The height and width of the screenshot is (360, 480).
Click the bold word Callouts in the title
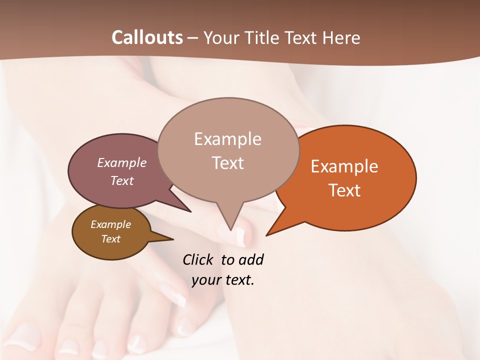pyautogui.click(x=147, y=37)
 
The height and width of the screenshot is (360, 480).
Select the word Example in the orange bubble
pyautogui.click(x=344, y=166)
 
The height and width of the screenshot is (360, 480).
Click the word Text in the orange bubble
pyautogui.click(x=344, y=190)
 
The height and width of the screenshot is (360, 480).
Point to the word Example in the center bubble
pyautogui.click(x=227, y=139)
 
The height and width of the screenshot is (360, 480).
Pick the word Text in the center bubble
pyautogui.click(x=227, y=163)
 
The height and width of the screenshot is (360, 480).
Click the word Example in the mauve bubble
pyautogui.click(x=121, y=162)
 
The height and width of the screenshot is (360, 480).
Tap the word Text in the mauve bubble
pyautogui.click(x=121, y=180)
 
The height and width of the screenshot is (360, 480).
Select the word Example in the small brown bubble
pyautogui.click(x=110, y=224)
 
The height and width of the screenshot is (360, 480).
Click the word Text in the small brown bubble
pyautogui.click(x=110, y=239)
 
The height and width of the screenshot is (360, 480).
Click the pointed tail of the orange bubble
pyautogui.click(x=268, y=234)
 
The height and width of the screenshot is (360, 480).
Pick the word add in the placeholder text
pyautogui.click(x=251, y=259)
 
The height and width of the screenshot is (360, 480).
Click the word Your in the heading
pyautogui.click(x=220, y=37)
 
